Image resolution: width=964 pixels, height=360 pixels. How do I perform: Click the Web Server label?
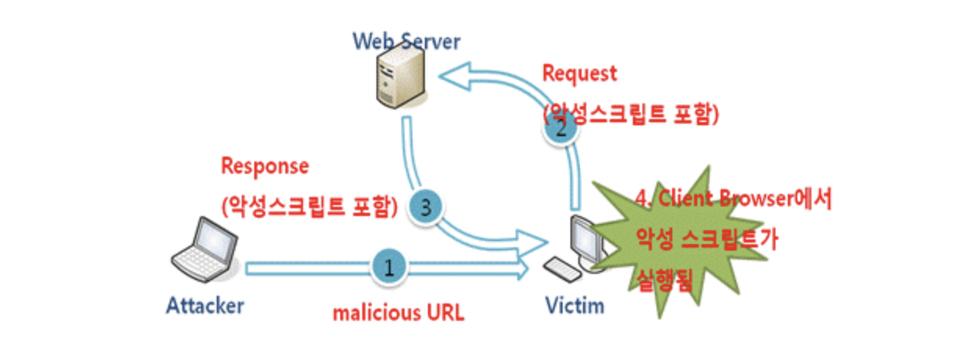point(406,41)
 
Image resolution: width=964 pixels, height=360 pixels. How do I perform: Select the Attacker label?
point(205,306)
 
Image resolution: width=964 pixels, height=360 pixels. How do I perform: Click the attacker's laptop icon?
point(205,250)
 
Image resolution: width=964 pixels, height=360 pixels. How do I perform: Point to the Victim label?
point(575,306)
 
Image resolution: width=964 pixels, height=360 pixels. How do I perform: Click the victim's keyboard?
point(562,269)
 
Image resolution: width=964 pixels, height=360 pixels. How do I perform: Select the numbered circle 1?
point(389,268)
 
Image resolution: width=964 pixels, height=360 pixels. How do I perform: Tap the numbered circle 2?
point(561,128)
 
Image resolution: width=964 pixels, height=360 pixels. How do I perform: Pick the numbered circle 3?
point(426,207)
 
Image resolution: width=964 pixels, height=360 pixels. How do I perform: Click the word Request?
point(579,74)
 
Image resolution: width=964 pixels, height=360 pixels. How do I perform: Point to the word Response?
point(265,167)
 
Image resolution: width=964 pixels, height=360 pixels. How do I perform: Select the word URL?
point(445,313)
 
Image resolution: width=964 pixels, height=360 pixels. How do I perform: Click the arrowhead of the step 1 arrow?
point(523,269)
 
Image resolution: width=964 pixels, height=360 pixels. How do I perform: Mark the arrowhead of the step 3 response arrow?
point(532,242)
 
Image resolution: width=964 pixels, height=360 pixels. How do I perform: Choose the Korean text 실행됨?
point(664,279)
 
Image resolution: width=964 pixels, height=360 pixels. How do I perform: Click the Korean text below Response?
point(309,207)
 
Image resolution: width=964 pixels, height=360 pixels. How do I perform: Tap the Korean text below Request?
point(631,114)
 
